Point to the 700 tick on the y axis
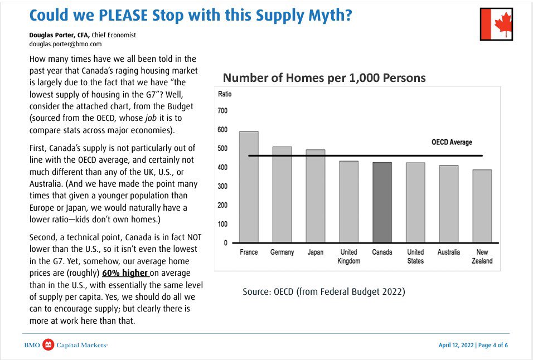(222, 111)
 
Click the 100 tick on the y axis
(222, 224)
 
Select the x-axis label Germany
(282, 252)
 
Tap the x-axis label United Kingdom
(348, 256)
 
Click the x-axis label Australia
(448, 252)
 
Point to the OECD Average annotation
(452, 143)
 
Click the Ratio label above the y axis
(224, 94)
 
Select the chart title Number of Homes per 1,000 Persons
(324, 77)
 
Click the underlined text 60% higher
(126, 273)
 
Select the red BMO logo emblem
(49, 345)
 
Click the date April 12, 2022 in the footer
(456, 346)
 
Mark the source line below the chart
(323, 291)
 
